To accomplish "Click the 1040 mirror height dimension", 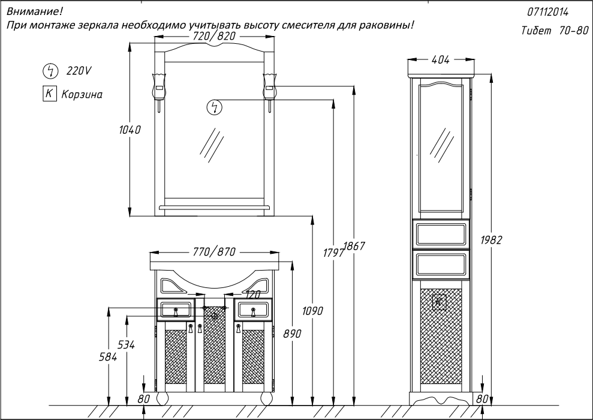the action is (x=130, y=130).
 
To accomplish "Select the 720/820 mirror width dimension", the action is (x=214, y=36).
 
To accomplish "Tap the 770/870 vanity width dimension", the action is (x=214, y=251).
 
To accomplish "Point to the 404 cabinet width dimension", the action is (x=440, y=59).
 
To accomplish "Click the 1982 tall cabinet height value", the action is (x=491, y=240).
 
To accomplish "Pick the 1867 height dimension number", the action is (x=355, y=246).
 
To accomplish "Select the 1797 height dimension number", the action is (x=333, y=253).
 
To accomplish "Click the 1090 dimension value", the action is (x=313, y=311).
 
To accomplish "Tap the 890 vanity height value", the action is (x=293, y=334).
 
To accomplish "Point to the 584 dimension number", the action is (x=108, y=356).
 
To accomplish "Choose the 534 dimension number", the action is (x=127, y=345).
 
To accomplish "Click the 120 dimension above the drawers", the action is (x=253, y=294).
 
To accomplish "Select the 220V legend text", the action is (x=79, y=71).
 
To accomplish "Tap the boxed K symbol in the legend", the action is (x=49, y=94).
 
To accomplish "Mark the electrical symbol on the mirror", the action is (x=215, y=107).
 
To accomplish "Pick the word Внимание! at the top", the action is (x=34, y=12).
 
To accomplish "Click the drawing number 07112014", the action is (x=547, y=12).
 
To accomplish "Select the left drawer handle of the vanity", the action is (x=175, y=312).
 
